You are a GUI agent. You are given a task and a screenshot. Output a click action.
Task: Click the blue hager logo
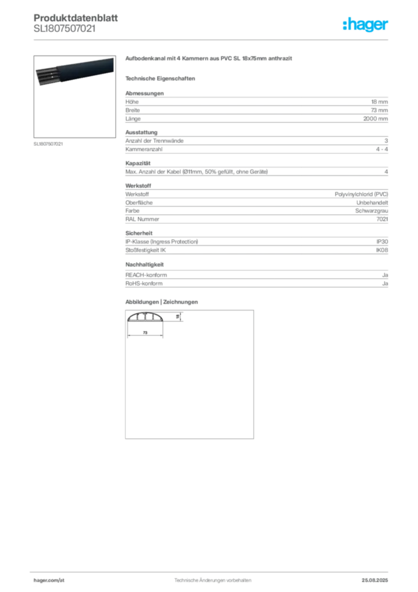tap(367, 25)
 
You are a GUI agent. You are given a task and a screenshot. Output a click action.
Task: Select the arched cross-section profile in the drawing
tap(147, 319)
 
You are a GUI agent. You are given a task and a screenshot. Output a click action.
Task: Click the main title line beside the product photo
tap(210, 60)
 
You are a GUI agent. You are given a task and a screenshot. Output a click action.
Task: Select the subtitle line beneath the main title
tap(162, 78)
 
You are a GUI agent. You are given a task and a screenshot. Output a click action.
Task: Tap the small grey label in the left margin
tap(48, 143)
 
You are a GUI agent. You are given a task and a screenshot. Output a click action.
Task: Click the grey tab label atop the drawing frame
tap(162, 301)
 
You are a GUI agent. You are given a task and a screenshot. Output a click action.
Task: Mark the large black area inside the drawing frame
tap(189, 382)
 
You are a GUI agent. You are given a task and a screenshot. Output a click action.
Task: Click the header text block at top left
tap(64, 24)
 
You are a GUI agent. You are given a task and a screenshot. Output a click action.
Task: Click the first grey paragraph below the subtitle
tap(256, 107)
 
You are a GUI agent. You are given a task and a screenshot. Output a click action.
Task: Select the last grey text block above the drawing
tap(256, 276)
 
